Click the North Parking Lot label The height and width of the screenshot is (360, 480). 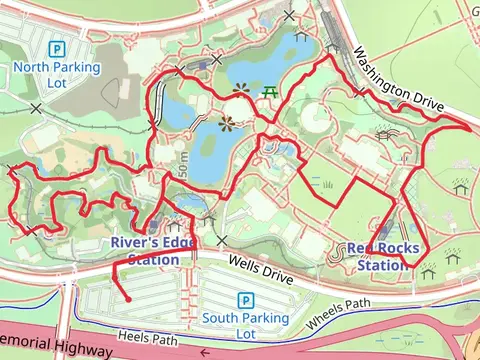click(57, 75)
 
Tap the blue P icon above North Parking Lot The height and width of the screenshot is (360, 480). click(57, 48)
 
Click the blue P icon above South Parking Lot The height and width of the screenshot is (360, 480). click(245, 300)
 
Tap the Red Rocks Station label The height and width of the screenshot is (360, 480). click(380, 257)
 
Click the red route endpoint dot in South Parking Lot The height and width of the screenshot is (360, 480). click(128, 298)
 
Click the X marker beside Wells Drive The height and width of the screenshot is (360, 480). click(222, 240)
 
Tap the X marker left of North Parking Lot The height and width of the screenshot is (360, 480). click(37, 107)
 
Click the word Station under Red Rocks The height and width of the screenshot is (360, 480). click(383, 266)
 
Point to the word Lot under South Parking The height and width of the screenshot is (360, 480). click(245, 334)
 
